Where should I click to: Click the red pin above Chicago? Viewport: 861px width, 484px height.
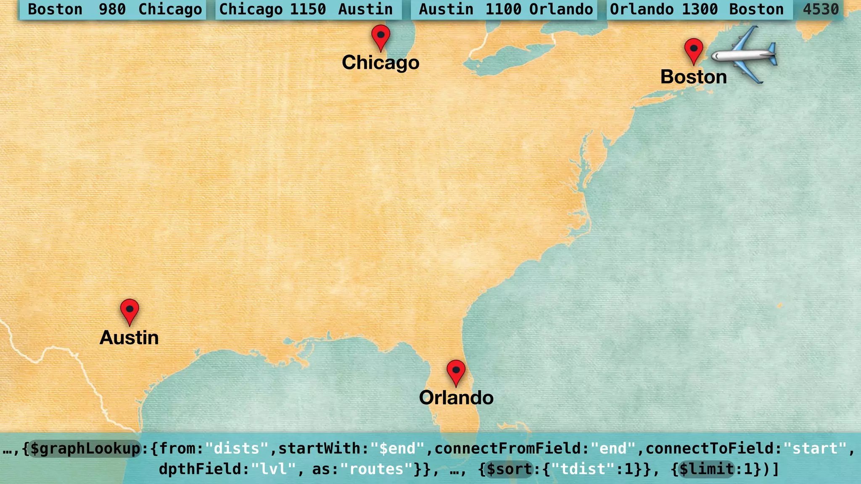click(380, 36)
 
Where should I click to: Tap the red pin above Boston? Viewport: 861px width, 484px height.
click(694, 50)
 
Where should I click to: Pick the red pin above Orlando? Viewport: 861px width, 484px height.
click(456, 371)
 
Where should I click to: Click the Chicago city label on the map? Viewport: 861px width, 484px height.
click(380, 63)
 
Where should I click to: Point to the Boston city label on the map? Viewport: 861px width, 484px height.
click(694, 77)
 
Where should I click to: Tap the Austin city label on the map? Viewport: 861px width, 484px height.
click(129, 338)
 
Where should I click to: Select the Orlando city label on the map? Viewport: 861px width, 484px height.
click(456, 398)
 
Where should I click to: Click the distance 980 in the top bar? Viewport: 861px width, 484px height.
click(112, 9)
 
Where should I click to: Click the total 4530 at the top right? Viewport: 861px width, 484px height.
click(820, 9)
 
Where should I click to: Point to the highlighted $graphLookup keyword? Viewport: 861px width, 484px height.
click(85, 449)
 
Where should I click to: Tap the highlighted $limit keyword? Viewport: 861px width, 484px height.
click(707, 469)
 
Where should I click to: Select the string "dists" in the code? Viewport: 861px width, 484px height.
click(237, 449)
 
